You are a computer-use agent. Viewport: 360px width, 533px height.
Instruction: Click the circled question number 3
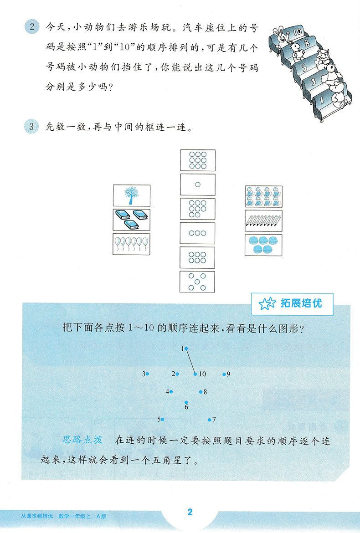pos(32,127)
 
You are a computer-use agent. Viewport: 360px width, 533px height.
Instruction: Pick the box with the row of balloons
pos(131,243)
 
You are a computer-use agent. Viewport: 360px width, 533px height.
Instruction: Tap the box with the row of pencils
pos(263,220)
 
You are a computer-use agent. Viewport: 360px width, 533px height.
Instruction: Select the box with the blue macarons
pos(263,245)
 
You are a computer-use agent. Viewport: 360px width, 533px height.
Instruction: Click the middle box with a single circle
pos(197,184)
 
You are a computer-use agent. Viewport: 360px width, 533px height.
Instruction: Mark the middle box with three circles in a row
pos(197,233)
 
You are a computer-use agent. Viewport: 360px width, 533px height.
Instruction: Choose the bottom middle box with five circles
pos(197,282)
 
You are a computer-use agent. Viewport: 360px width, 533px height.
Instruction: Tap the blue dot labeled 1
pos(186,349)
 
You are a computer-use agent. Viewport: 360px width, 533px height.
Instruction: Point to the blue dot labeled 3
pos(147,374)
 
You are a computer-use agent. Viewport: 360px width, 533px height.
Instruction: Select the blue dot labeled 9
pos(224,374)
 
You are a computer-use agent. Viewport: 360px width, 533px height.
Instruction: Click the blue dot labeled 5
pos(162,419)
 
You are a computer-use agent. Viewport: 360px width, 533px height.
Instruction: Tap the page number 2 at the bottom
pos(190,512)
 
